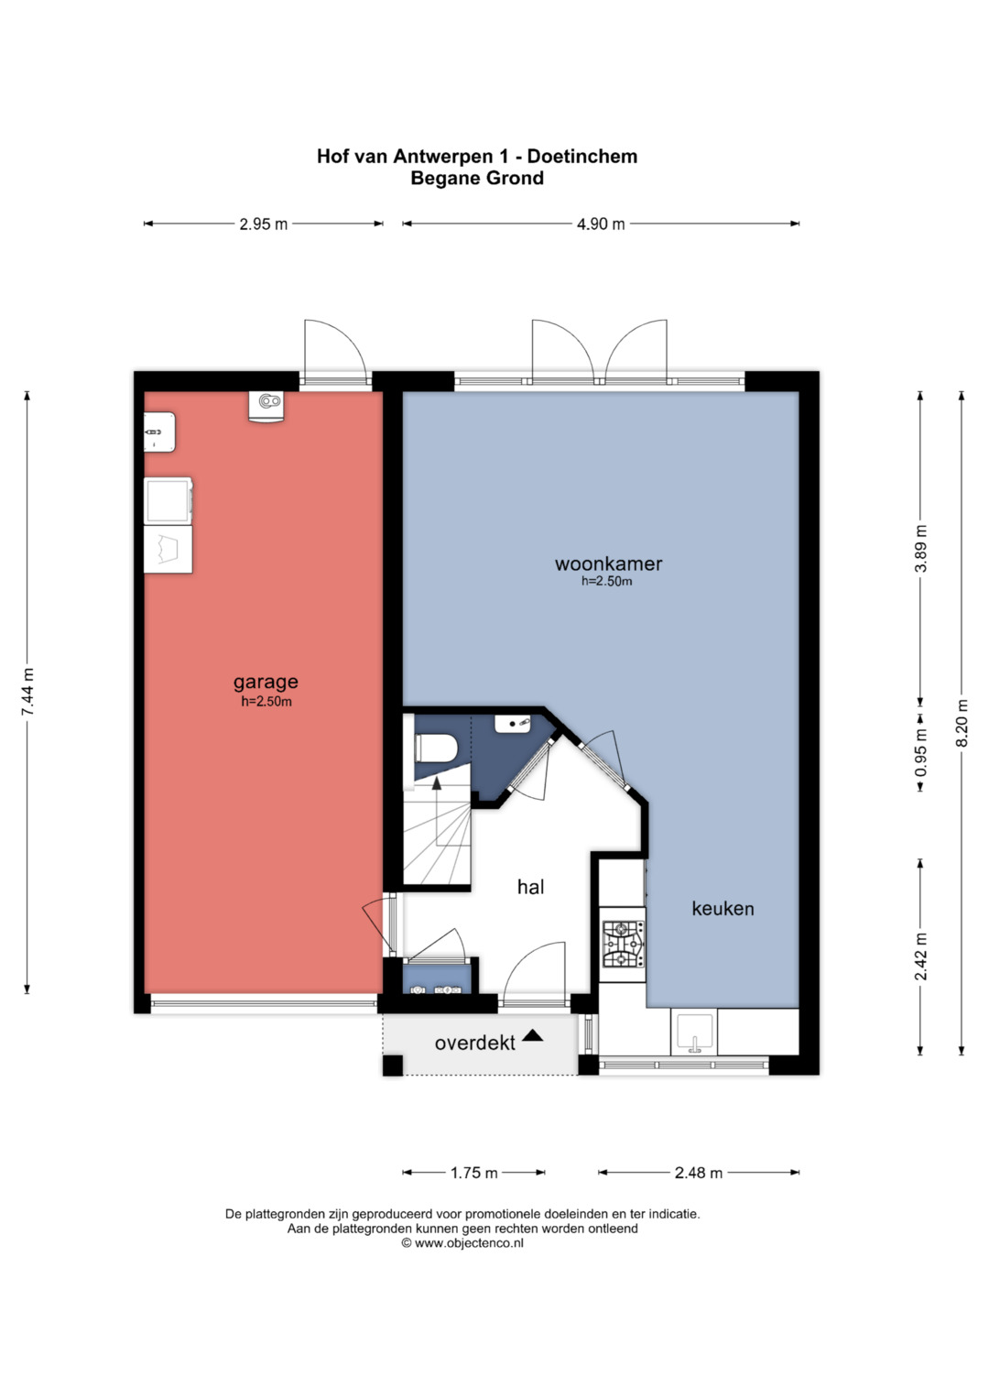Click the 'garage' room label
click(266, 683)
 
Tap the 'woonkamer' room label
click(608, 563)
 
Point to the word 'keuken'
click(723, 908)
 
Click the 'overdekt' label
click(474, 1043)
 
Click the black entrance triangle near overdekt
click(532, 1035)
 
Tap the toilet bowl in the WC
click(437, 748)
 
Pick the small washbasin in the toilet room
click(513, 724)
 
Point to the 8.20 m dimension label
click(962, 722)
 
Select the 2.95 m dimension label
click(264, 224)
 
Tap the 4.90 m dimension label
click(601, 224)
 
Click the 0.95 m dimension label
click(920, 752)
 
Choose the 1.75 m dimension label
click(474, 1173)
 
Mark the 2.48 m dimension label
click(698, 1173)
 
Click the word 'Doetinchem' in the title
click(582, 156)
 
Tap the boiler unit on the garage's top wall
click(266, 407)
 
